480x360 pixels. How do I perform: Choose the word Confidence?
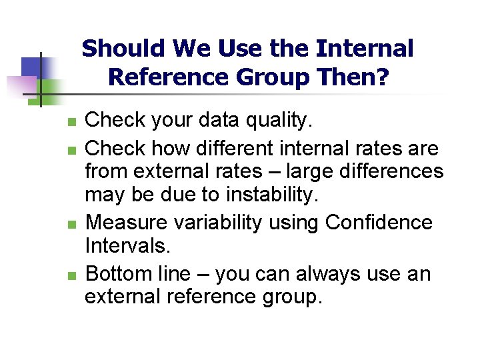379,222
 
